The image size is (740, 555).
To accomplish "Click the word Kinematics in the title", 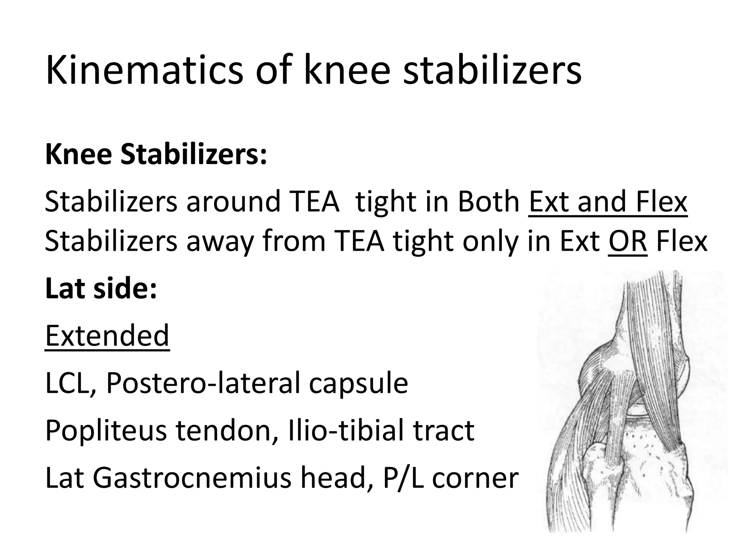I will pos(144,70).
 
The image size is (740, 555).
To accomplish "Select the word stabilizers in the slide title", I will pos(492,70).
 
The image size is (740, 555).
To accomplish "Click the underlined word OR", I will pos(628,241).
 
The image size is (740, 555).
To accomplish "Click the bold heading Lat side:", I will pos(102,289).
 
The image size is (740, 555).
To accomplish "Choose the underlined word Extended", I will pos(107,335).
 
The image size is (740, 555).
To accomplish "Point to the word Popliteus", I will pos(106,431).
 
